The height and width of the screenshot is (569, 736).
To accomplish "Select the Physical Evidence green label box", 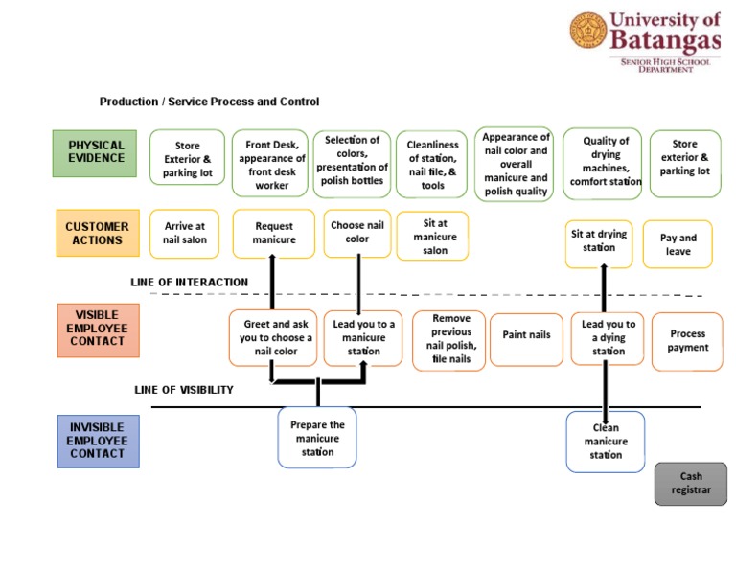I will pyautogui.click(x=96, y=153).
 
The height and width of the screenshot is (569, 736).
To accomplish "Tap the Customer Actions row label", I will pyautogui.click(x=97, y=234).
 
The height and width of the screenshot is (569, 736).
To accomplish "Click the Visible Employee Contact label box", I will pyautogui.click(x=97, y=329).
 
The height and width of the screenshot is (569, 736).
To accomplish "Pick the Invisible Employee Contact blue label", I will pyautogui.click(x=97, y=441).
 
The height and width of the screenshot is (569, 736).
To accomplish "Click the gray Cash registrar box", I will pyautogui.click(x=690, y=483).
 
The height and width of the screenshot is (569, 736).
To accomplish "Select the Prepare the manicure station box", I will pyautogui.click(x=317, y=438).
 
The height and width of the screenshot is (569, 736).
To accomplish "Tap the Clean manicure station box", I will pyautogui.click(x=606, y=442).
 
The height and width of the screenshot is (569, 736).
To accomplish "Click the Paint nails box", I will pyautogui.click(x=526, y=336).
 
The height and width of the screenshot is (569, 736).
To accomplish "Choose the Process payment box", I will pyautogui.click(x=687, y=341).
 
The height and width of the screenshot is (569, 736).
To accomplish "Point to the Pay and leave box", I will pyautogui.click(x=678, y=245).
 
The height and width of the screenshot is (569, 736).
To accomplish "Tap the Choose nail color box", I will pyautogui.click(x=357, y=234).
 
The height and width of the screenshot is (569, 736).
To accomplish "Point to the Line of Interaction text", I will pyautogui.click(x=190, y=283).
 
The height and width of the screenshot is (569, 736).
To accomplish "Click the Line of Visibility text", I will pyautogui.click(x=183, y=390).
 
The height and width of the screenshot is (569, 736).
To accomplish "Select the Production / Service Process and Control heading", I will pyautogui.click(x=209, y=102).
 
